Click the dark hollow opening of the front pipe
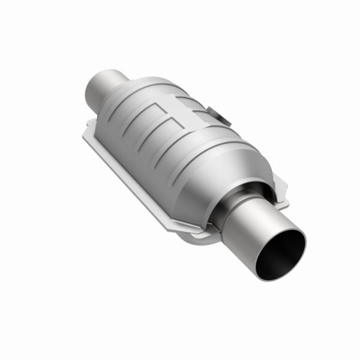click(x=281, y=252)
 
